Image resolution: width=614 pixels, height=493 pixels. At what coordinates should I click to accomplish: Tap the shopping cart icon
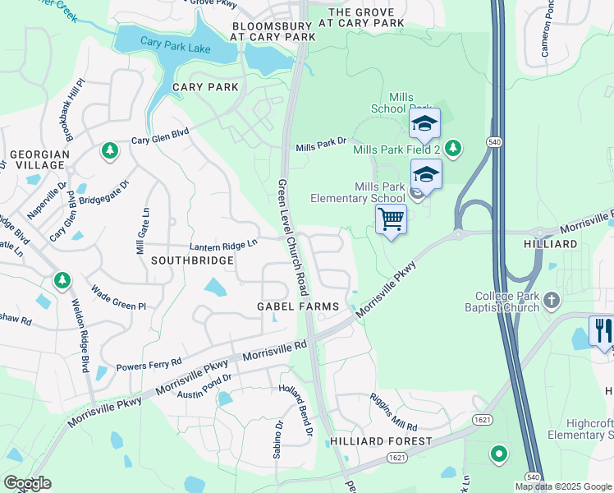coord(392,219)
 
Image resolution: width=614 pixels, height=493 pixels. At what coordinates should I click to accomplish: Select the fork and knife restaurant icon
coord(603,330)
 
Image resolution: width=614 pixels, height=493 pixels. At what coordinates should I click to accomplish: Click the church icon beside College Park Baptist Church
coord(552,302)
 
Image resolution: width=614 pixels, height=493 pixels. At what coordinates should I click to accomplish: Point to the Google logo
coord(27,483)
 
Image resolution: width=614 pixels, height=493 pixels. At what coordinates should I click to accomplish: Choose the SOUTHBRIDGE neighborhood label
coord(192,260)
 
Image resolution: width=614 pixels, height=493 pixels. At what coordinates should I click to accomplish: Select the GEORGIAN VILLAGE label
coord(37,159)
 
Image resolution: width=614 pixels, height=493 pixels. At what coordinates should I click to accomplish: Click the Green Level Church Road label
coord(291,237)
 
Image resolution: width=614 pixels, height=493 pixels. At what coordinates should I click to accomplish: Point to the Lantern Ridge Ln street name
coord(223,244)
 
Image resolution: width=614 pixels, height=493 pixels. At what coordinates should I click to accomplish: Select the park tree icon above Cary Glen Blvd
coord(109,151)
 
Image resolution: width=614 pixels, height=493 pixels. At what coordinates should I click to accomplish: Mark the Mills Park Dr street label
coord(322,146)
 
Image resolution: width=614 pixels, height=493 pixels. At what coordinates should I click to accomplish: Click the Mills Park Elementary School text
coord(357,192)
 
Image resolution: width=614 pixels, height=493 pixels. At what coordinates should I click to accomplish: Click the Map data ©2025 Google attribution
coord(564,486)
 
